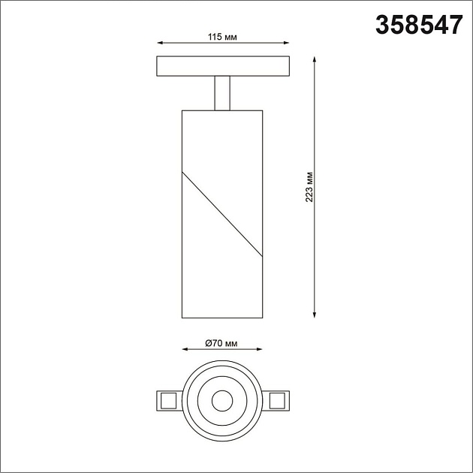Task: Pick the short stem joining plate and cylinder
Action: tap(221, 92)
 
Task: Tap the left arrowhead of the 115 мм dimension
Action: tap(159, 44)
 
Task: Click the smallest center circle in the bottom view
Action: tap(221, 400)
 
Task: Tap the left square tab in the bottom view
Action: tap(167, 400)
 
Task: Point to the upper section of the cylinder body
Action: tap(221, 143)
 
